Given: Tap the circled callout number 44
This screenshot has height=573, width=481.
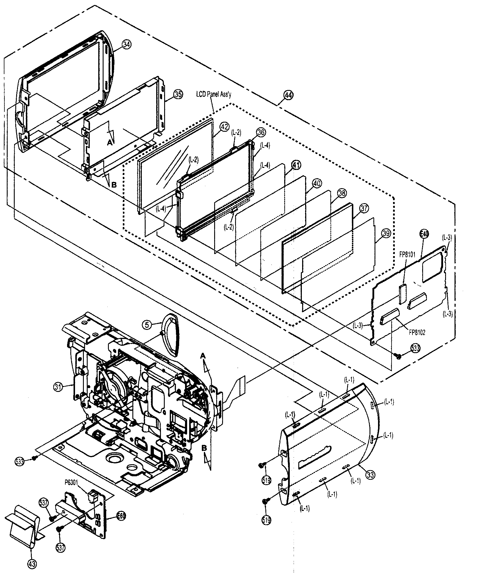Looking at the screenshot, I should click(289, 95).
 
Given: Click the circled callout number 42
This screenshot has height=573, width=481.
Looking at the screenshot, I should click(224, 127).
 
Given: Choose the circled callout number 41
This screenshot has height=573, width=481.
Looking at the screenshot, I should click(296, 165).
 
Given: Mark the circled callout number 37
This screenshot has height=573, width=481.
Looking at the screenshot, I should click(364, 209).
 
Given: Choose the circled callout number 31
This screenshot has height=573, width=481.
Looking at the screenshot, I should click(58, 386).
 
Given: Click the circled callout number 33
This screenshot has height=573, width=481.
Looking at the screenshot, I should click(370, 474).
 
